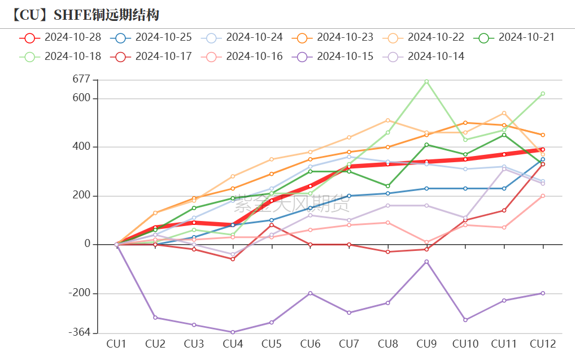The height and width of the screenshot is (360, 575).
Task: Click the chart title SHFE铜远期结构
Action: tap(85, 14)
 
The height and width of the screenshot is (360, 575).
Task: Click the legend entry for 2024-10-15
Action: tap(333, 57)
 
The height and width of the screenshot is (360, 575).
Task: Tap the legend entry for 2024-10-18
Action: tap(61, 57)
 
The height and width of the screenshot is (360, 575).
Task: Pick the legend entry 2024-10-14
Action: tap(424, 57)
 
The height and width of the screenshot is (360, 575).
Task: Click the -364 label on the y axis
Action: tap(79, 332)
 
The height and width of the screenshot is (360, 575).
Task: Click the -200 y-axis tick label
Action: tap(79, 293)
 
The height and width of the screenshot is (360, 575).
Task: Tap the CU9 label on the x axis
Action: tap(426, 344)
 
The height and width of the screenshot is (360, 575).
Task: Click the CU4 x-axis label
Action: tap(232, 344)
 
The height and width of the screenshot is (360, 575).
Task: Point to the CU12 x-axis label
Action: tap(542, 344)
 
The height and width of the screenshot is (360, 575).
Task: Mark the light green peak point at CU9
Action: tap(426, 81)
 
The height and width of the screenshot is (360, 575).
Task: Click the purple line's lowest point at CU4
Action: tap(233, 332)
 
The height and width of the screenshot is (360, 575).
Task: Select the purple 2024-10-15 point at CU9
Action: tap(426, 262)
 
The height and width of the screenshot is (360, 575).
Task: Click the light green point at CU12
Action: tap(543, 94)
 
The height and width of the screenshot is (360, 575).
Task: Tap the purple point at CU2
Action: tap(155, 318)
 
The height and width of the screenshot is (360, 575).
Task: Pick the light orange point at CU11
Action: tap(504, 113)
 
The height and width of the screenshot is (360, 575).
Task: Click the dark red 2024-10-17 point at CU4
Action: tap(233, 259)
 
